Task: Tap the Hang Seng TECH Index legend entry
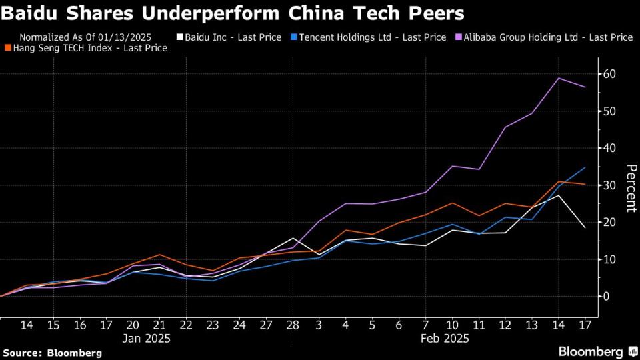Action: tap(90, 48)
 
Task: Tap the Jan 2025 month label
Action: tap(146, 338)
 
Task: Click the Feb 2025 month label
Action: tap(445, 338)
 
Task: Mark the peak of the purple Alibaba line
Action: tap(559, 78)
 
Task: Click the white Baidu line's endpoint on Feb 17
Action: tap(585, 228)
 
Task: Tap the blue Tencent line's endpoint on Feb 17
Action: tap(585, 167)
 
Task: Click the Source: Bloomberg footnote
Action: tap(53, 352)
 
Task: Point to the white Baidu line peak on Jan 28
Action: tap(292, 238)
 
